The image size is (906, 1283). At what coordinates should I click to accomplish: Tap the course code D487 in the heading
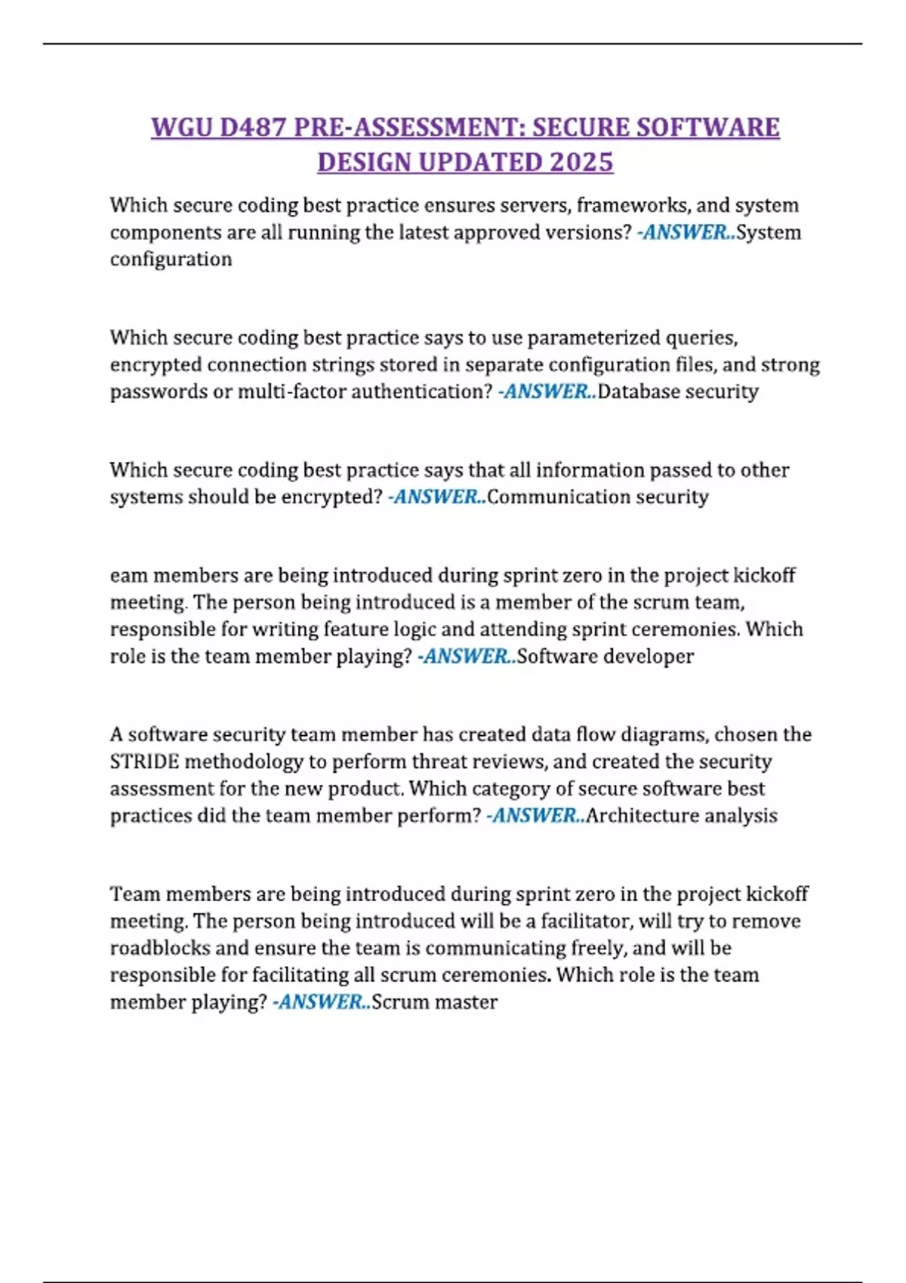(253, 127)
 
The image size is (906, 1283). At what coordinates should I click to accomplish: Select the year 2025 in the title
(581, 162)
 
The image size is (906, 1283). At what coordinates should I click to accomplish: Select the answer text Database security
(677, 392)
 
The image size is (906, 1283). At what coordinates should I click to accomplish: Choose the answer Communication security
(597, 497)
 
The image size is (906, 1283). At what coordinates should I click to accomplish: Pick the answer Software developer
(605, 657)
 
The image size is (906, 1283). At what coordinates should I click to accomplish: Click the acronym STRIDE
(144, 761)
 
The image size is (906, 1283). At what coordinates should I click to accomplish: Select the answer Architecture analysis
(681, 816)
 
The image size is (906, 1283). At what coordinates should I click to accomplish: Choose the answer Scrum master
(434, 1002)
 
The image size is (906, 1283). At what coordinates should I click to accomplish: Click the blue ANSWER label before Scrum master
(322, 1002)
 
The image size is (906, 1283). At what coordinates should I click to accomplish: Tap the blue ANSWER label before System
(686, 232)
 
